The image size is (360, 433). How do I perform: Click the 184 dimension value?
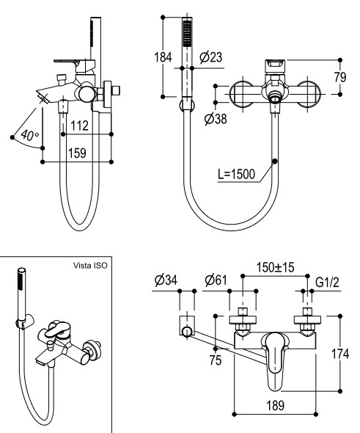point(163,57)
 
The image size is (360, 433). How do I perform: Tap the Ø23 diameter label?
point(211,57)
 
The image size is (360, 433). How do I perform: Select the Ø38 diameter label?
point(216,119)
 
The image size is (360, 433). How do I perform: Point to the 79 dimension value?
point(340,77)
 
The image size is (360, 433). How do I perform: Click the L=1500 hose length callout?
point(236,174)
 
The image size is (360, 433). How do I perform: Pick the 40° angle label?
point(30,135)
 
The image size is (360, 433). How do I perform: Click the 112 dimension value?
point(79,125)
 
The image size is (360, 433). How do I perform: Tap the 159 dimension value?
point(77,153)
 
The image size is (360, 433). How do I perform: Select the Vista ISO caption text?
point(90,266)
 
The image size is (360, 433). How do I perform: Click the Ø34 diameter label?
point(166,280)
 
